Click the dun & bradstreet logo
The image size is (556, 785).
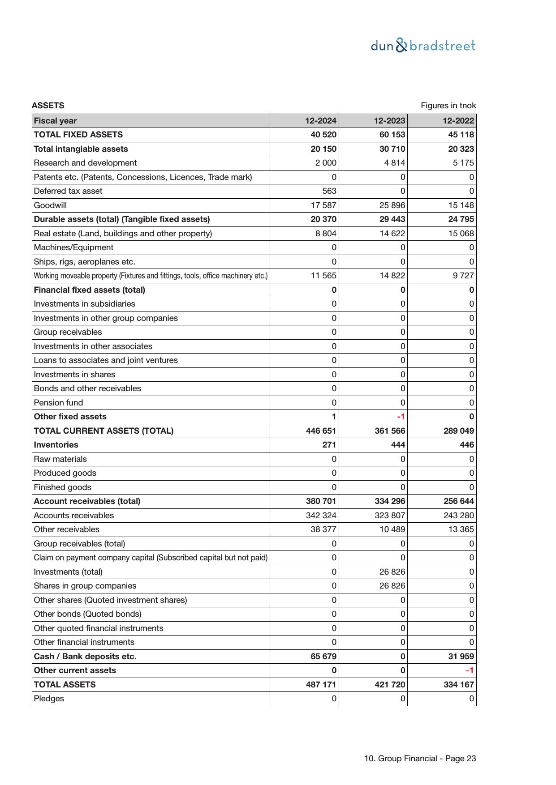coord(423,46)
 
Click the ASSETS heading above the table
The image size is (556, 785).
coord(48,106)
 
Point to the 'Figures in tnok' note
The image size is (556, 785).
coord(448,106)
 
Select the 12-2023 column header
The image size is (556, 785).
coord(389,121)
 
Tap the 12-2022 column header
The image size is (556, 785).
coord(458,121)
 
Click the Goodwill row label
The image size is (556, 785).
coord(50,205)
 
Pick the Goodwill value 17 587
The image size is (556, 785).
coord(323,205)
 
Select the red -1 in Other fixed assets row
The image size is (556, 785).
coord(401,417)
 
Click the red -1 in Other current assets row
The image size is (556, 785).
coord(470,670)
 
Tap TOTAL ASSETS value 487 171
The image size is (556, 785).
coord(321,685)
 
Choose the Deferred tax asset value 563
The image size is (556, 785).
coord(329,191)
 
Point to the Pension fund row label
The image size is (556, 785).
coord(58,403)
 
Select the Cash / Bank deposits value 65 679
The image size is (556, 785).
coord(323,657)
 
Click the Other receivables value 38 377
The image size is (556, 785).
coord(323,529)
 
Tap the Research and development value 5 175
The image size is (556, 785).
coord(463,163)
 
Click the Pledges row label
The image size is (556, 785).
coord(49,699)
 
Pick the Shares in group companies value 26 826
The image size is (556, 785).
coord(392,586)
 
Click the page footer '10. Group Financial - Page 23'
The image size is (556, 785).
coord(420,759)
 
